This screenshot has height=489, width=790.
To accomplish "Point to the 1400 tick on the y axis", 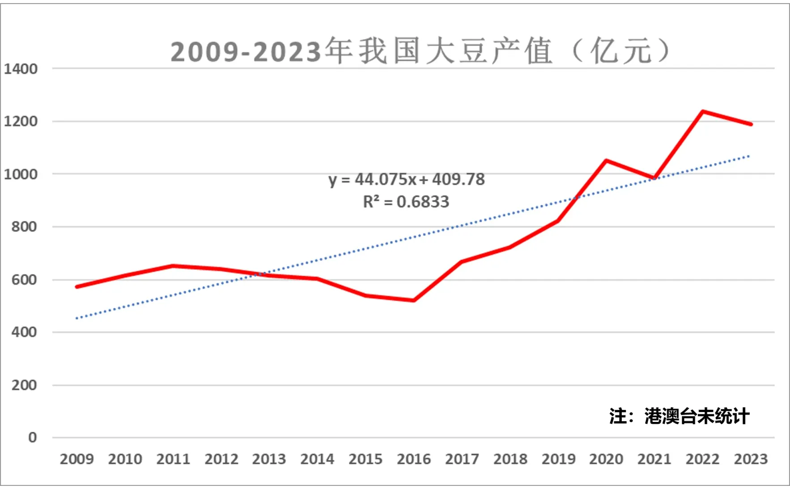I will (21, 69).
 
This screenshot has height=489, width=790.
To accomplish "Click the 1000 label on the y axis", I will (21, 174).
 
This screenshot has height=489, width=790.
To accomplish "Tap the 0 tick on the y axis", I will (32, 437).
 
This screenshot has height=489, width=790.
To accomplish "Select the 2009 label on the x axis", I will (76, 459).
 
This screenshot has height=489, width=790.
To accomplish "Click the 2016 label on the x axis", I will (413, 459).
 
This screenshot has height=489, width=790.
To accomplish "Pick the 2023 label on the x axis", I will (750, 459).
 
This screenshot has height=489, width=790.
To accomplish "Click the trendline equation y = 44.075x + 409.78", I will (406, 179).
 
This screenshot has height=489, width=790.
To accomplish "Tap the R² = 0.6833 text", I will (406, 202).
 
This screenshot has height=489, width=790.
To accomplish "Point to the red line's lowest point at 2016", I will (414, 300).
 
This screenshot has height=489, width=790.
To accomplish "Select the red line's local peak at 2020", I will (606, 160).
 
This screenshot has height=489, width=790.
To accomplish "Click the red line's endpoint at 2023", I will (751, 124).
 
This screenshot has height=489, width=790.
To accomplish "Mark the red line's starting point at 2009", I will (77, 287).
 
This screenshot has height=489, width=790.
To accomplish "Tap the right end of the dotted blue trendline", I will (749, 156).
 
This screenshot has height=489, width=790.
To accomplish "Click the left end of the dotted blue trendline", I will (77, 318).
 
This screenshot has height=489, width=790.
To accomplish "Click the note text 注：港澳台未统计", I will (679, 416).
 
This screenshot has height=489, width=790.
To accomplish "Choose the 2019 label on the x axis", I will (558, 459).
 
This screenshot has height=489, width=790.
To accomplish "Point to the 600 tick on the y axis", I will (24, 280).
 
